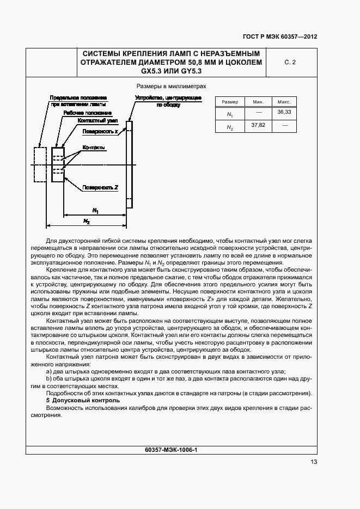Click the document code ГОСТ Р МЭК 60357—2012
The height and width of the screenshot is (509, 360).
279,37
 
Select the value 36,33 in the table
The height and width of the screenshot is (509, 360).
284,112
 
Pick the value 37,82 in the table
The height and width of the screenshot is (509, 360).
258,125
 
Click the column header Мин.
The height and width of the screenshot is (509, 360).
258,102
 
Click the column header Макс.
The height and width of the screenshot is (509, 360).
284,102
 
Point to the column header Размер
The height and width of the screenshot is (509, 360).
230,102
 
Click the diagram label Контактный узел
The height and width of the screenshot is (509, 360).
97,120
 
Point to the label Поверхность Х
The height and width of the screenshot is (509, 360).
100,132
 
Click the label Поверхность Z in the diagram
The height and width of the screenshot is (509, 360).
100,187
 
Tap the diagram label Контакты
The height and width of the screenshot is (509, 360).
94,148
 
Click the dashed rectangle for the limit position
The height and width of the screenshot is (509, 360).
39,164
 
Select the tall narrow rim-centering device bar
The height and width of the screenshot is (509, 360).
129,163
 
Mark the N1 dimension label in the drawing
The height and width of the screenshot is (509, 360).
95,210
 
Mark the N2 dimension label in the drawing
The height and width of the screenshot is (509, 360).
87,220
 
